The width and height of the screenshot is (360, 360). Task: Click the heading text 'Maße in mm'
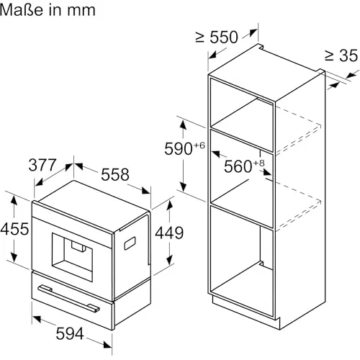click(48, 11)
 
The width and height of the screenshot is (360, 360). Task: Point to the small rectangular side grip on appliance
click(131, 245)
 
